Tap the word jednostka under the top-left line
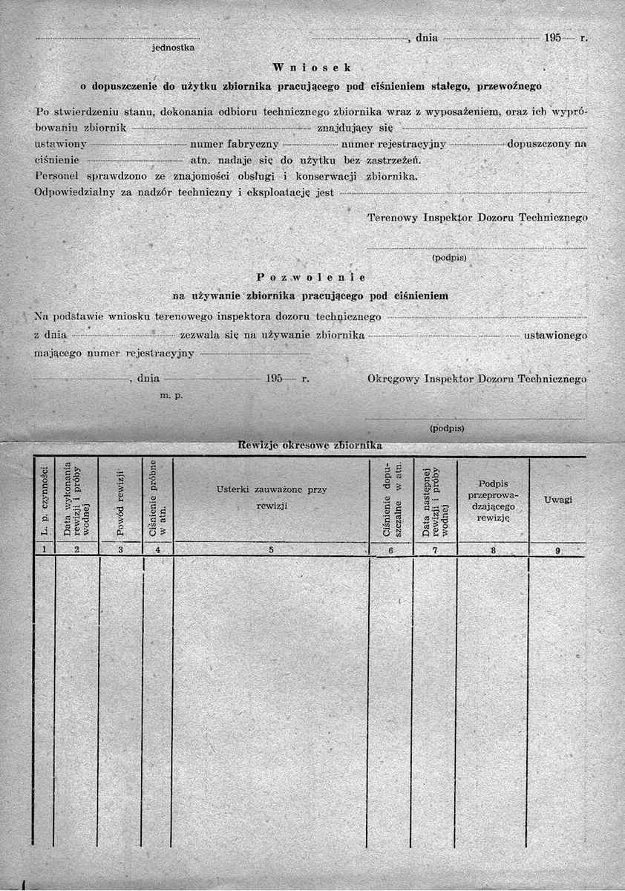point(173,48)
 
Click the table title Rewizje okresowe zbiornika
point(310,446)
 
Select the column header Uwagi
point(557,500)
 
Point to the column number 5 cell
point(271,550)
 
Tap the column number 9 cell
point(557,550)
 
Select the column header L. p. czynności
point(45,502)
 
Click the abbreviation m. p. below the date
point(171,395)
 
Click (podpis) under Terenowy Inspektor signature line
point(448,259)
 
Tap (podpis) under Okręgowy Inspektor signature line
point(447,428)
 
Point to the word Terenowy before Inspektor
point(393,218)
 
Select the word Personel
point(57,177)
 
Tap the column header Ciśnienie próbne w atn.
point(157,502)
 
